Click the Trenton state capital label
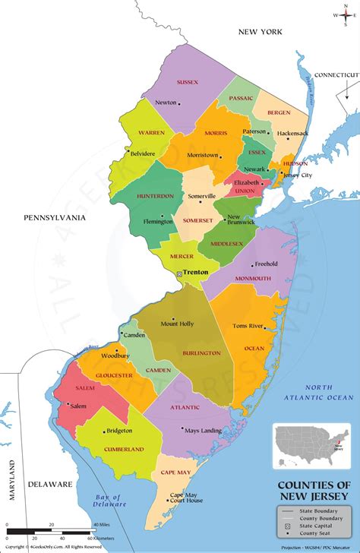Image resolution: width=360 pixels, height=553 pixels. coord(195,271)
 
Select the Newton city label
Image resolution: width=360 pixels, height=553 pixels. coord(166,103)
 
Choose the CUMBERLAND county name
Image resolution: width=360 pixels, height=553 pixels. coord(124,450)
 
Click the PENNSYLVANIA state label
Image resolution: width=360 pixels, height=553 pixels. coord(55,218)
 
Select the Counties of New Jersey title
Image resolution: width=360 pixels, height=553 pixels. coord(313,490)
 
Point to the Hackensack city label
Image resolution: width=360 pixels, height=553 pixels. coord(293,133)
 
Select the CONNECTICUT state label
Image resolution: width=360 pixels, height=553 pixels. coord(336,74)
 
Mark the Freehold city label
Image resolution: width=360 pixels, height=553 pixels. coord(266,264)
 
